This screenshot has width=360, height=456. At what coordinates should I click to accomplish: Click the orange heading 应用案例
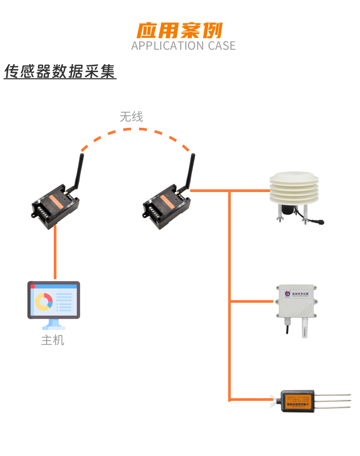[180, 30]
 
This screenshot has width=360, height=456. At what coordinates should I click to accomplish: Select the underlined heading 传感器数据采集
[60, 72]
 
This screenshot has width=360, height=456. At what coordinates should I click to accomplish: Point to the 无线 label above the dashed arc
[131, 117]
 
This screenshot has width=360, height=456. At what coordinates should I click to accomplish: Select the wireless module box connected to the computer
[56, 209]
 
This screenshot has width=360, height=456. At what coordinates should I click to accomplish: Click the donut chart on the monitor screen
[44, 301]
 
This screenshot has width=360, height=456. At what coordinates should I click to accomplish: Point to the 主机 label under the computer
[53, 340]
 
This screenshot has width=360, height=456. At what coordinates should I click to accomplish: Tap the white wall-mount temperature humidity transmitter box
[295, 301]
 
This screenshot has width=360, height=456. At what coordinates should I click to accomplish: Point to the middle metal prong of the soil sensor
[333, 401]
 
